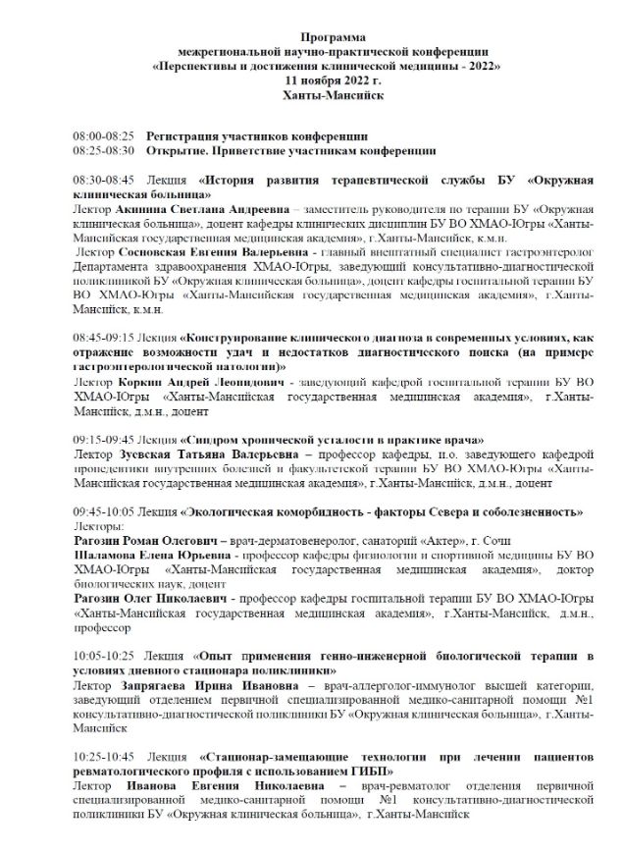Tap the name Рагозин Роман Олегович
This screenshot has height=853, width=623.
click(146, 542)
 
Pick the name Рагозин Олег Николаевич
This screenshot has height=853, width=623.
click(149, 598)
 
